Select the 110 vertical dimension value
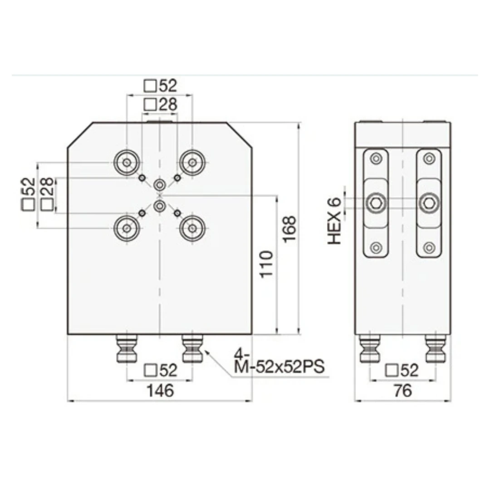[x=267, y=265]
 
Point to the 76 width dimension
[x=402, y=390]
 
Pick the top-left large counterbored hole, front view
[x=127, y=162]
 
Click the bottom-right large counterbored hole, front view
[x=193, y=228]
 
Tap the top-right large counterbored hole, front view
[x=193, y=162]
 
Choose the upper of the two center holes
[x=160, y=185]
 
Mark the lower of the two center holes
[x=160, y=206]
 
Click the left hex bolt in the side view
[x=376, y=203]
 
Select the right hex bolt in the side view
[x=429, y=203]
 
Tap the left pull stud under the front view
[x=127, y=349]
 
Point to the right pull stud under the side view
[x=435, y=349]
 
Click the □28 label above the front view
[x=160, y=105]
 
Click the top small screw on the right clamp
[x=429, y=158]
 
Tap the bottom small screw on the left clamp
[x=376, y=247]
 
